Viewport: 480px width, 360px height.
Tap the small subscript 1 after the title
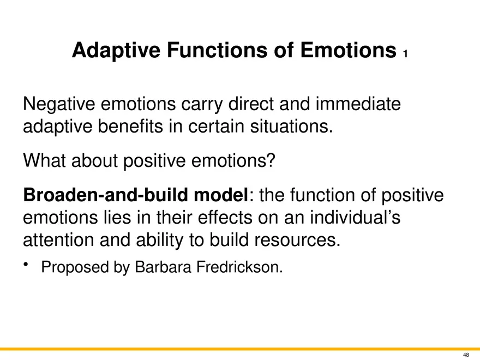pyautogui.click(x=405, y=54)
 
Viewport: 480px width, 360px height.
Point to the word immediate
pyautogui.click(x=358, y=104)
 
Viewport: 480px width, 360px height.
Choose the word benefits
pyautogui.click(x=130, y=126)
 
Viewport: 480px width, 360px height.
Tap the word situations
pyautogui.click(x=291, y=126)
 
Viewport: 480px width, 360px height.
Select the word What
pyautogui.click(x=44, y=160)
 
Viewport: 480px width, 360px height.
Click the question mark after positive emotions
pyautogui.click(x=272, y=160)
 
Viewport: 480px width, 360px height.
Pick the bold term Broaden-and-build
pyautogui.click(x=105, y=195)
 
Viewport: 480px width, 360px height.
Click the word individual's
pyautogui.click(x=355, y=217)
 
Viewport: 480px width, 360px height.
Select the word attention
pyautogui.click(x=58, y=240)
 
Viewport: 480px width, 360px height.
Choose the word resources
pyautogui.click(x=297, y=241)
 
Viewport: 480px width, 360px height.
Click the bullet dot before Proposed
pyautogui.click(x=26, y=265)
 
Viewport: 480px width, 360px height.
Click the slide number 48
pyautogui.click(x=466, y=355)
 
